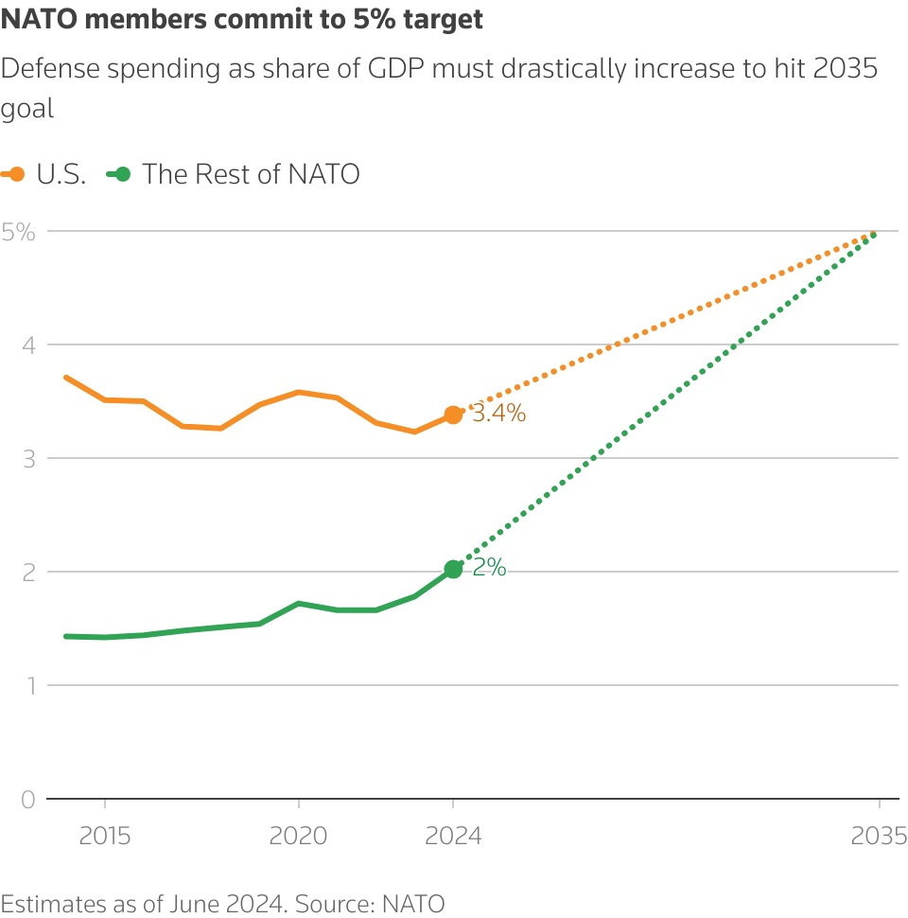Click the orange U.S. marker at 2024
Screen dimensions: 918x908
point(453,415)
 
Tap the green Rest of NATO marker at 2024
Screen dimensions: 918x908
point(453,569)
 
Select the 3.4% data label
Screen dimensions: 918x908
point(498,414)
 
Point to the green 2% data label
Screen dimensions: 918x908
point(490,569)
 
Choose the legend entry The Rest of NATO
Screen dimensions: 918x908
point(251,175)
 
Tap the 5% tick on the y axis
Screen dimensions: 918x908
point(18,231)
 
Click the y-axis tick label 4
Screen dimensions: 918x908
point(29,345)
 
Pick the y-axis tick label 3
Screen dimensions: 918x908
point(29,459)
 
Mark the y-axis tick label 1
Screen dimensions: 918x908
point(29,685)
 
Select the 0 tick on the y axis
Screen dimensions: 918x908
point(29,800)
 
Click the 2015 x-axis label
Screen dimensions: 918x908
point(104,837)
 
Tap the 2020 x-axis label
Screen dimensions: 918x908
point(298,837)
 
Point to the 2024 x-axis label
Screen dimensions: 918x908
point(453,837)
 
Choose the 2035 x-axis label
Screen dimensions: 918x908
point(879,837)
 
